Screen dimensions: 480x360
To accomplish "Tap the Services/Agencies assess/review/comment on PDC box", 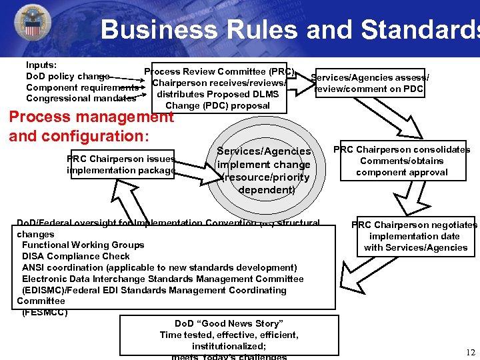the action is (370, 83).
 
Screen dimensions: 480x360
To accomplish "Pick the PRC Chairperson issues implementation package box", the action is (121, 165).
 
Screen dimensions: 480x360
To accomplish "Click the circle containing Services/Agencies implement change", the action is (264, 171).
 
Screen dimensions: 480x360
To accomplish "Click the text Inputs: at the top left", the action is (41, 65).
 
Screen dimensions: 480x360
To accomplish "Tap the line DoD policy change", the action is (67, 77).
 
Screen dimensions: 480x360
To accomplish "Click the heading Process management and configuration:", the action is (91, 126).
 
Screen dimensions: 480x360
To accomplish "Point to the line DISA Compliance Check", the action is (75, 256).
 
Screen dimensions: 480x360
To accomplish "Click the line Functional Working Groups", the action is (83, 245).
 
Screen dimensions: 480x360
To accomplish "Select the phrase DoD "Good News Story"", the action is (229, 323).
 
